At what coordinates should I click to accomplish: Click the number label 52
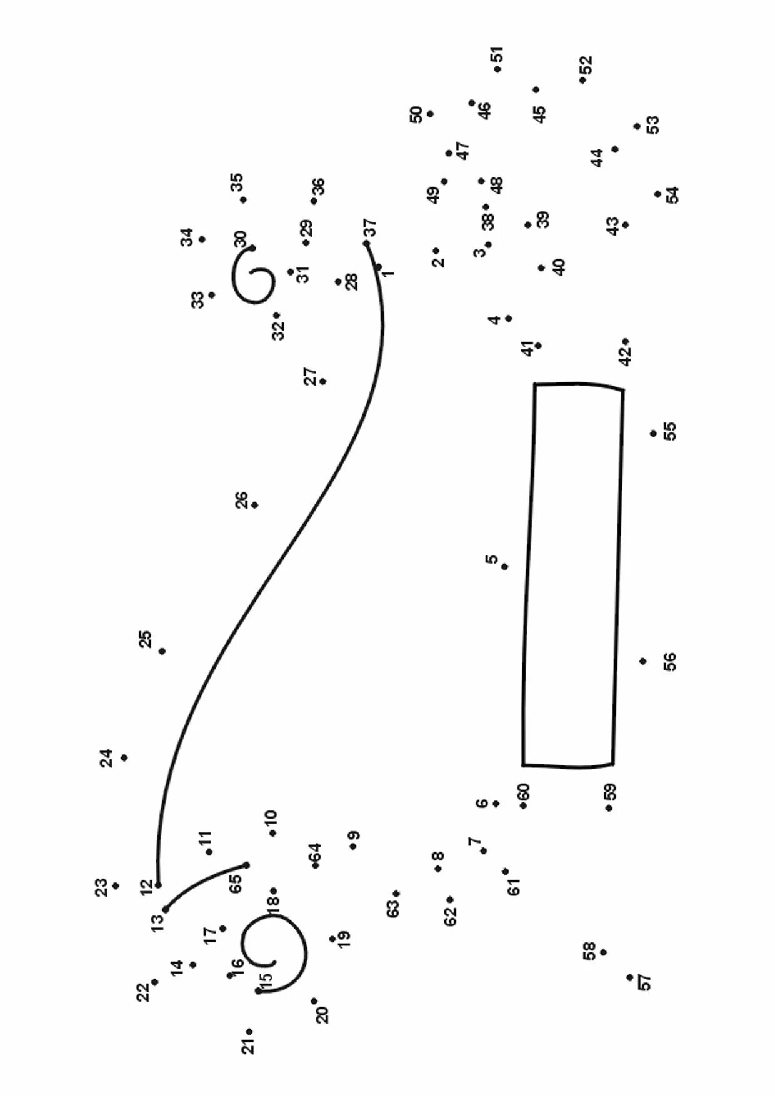click(x=586, y=64)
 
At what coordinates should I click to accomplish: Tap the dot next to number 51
click(x=497, y=69)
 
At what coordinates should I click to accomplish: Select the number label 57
click(x=644, y=982)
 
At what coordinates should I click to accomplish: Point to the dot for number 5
click(x=504, y=567)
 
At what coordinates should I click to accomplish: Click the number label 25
click(x=145, y=639)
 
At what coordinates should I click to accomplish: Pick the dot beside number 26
click(x=254, y=505)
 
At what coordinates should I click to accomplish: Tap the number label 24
click(x=107, y=758)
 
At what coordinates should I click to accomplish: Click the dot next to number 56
click(x=642, y=661)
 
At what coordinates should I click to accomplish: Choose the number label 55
click(x=669, y=431)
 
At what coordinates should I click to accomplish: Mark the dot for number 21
click(x=249, y=1032)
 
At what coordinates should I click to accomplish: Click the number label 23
click(x=101, y=887)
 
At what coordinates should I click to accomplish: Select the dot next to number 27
click(x=322, y=381)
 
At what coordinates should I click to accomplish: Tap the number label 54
click(x=672, y=195)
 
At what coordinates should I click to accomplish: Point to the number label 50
click(x=416, y=115)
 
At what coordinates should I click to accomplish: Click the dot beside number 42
click(x=625, y=342)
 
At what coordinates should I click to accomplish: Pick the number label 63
click(x=392, y=908)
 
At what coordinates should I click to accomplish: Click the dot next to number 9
click(x=353, y=846)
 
